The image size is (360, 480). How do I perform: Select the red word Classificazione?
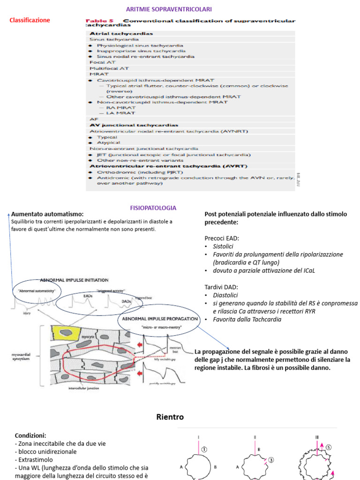[30, 20]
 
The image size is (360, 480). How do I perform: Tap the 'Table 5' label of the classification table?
[101, 21]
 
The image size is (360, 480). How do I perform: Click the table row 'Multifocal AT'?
[109, 68]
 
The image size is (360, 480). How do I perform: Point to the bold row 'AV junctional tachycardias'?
[134, 125]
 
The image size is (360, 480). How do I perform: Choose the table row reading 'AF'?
[94, 119]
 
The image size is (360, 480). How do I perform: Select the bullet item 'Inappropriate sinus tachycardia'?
[140, 51]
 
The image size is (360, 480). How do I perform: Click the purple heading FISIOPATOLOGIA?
[153, 208]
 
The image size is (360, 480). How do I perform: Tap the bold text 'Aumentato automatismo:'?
[47, 214]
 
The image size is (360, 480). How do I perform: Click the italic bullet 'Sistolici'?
[223, 246]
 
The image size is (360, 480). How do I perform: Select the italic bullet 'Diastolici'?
[225, 295]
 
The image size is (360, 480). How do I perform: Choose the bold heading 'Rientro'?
[170, 417]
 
